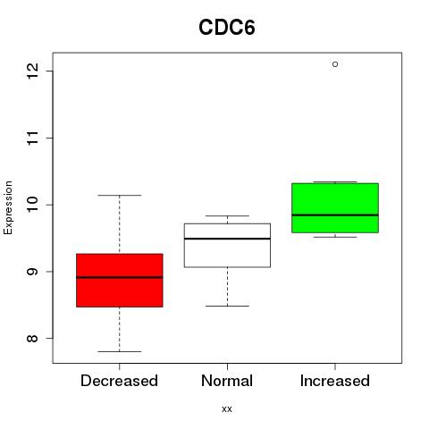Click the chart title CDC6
coord(227,28)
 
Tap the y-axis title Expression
coord(8,207)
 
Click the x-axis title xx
coord(227,408)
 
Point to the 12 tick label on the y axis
coord(33,71)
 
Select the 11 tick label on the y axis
coord(33,138)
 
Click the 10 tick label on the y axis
coord(33,205)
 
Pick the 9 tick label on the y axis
coord(33,272)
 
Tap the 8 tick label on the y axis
coord(33,338)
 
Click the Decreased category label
coord(119,381)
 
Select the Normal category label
coord(227,381)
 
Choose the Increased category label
coord(335,381)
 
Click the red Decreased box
coord(120,281)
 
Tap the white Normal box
coord(227,245)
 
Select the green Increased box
coord(335,208)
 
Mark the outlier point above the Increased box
coord(335,64)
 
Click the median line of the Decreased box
coord(120,277)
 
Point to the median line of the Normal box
coord(227,239)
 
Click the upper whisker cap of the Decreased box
coord(120,195)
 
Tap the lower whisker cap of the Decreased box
coord(120,351)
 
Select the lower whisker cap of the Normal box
coord(227,306)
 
